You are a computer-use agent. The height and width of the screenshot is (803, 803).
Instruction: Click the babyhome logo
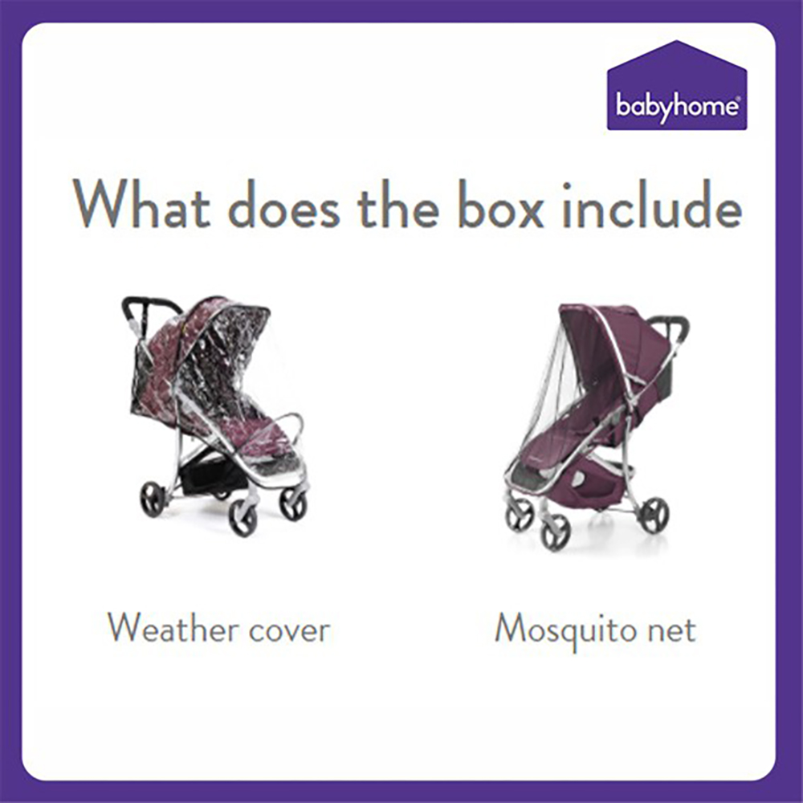(x=676, y=85)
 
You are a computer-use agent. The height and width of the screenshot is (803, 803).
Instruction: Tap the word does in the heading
(x=284, y=203)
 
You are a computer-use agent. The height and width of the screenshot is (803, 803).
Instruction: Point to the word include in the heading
(x=651, y=203)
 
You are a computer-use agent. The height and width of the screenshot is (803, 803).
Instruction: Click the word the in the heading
(x=398, y=203)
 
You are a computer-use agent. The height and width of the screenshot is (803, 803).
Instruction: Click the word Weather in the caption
(x=172, y=628)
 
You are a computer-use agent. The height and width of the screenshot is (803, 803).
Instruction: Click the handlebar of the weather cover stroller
(x=149, y=305)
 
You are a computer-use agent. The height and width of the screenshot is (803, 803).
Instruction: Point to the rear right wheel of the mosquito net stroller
(x=655, y=514)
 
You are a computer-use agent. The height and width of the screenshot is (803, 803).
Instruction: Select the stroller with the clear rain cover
(x=215, y=415)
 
